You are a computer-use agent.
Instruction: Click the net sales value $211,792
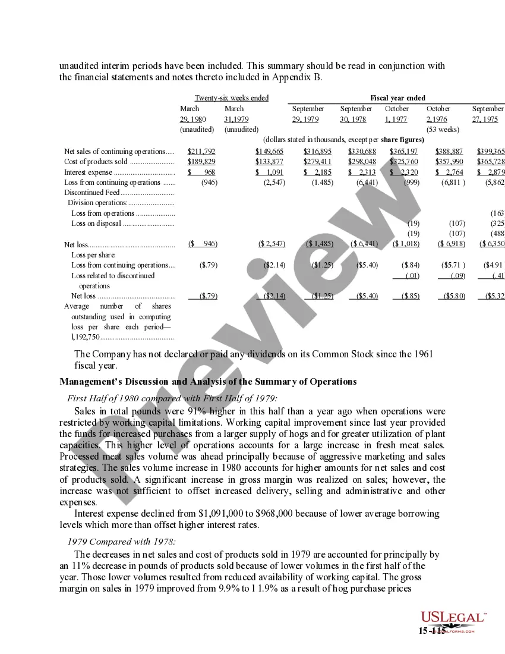[x=201, y=152]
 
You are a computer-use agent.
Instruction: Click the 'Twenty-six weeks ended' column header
[x=232, y=98]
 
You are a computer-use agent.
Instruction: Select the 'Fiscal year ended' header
[x=397, y=98]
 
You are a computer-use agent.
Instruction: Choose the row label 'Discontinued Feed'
[x=91, y=193]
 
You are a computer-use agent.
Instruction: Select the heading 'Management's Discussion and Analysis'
[x=208, y=382]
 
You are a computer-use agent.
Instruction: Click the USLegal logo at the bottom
[x=453, y=618]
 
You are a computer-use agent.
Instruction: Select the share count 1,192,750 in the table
[x=86, y=337]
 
